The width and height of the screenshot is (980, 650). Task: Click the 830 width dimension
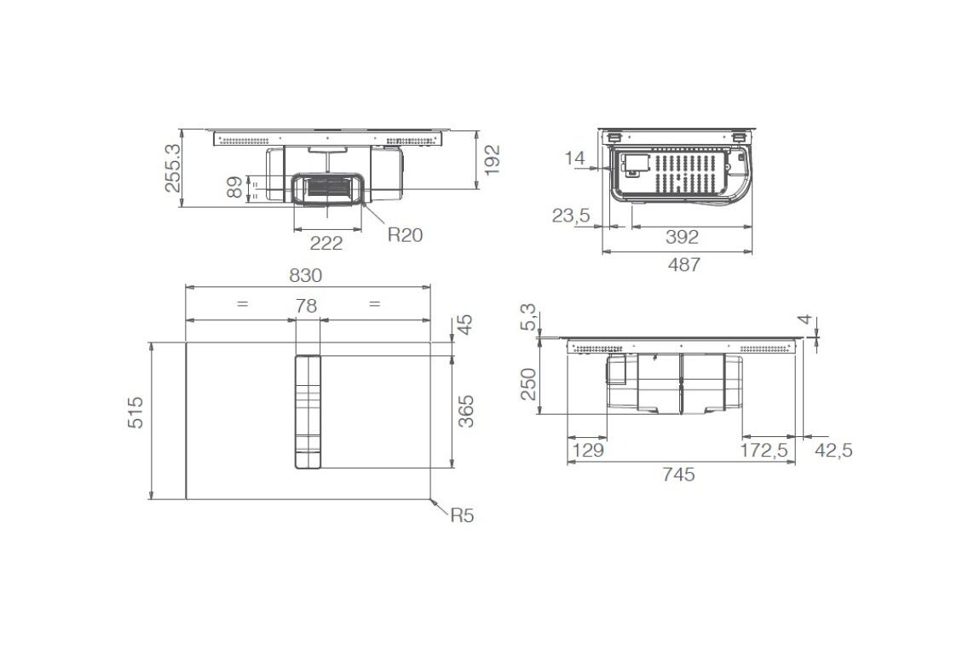click(x=306, y=275)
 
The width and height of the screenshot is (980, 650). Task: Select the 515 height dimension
click(x=135, y=412)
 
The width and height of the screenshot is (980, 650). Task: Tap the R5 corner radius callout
click(x=463, y=515)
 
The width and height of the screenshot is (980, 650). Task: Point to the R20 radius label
click(x=405, y=235)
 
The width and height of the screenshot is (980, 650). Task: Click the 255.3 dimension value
click(x=172, y=168)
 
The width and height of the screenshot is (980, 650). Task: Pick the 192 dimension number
click(x=493, y=160)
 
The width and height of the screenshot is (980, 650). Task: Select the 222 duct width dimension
click(x=326, y=243)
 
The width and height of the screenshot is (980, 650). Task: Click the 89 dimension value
click(x=234, y=187)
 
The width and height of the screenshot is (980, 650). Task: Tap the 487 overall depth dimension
click(x=683, y=265)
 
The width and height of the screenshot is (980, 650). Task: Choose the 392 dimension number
click(x=682, y=237)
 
